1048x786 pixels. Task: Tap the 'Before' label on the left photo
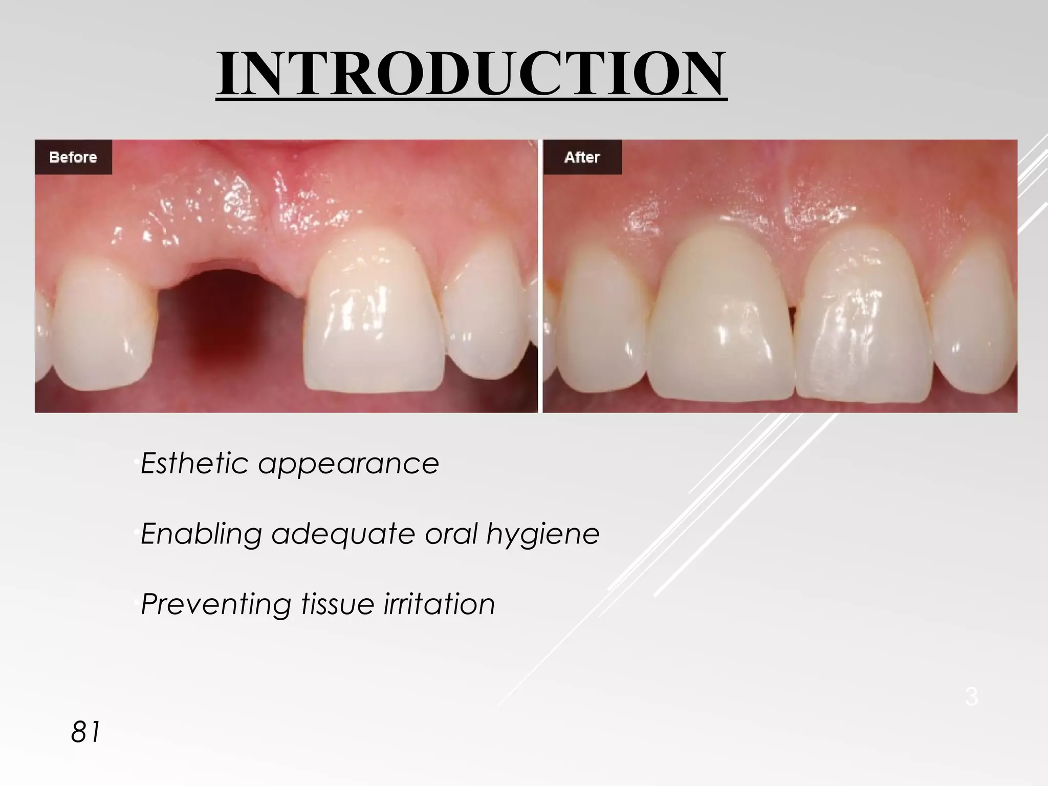[73, 157]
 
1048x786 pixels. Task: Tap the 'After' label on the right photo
[582, 157]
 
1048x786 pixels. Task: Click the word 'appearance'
[348, 464]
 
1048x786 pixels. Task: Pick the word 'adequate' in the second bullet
[342, 534]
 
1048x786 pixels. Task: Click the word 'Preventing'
[215, 604]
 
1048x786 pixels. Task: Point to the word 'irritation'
[440, 604]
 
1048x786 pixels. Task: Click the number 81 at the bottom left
[86, 732]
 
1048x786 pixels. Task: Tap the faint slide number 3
[971, 697]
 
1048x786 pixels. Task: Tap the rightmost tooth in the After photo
[972, 317]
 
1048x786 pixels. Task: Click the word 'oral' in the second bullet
[451, 533]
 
